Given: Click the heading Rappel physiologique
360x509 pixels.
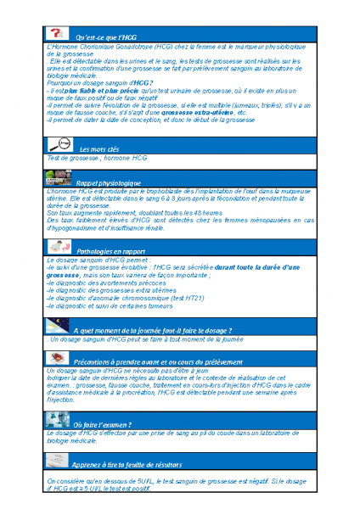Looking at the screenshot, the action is [109, 183].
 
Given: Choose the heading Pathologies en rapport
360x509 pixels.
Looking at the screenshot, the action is [111, 252].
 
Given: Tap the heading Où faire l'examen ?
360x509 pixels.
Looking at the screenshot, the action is [102, 424].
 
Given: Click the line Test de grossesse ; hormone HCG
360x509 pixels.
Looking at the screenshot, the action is [98, 159].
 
